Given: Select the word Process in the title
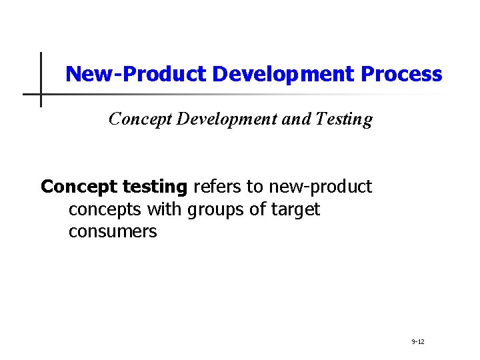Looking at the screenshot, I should (x=401, y=74).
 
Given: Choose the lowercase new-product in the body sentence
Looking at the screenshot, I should (x=321, y=187).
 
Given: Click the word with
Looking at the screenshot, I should (x=163, y=209).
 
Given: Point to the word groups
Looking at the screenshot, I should (x=216, y=211).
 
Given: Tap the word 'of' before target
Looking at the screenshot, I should (x=259, y=209).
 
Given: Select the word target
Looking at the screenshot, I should (x=295, y=211).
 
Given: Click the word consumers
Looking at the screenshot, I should (x=113, y=232).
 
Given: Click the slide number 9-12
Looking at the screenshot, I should (x=418, y=342).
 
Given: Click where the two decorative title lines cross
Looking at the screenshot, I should (x=41, y=94).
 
